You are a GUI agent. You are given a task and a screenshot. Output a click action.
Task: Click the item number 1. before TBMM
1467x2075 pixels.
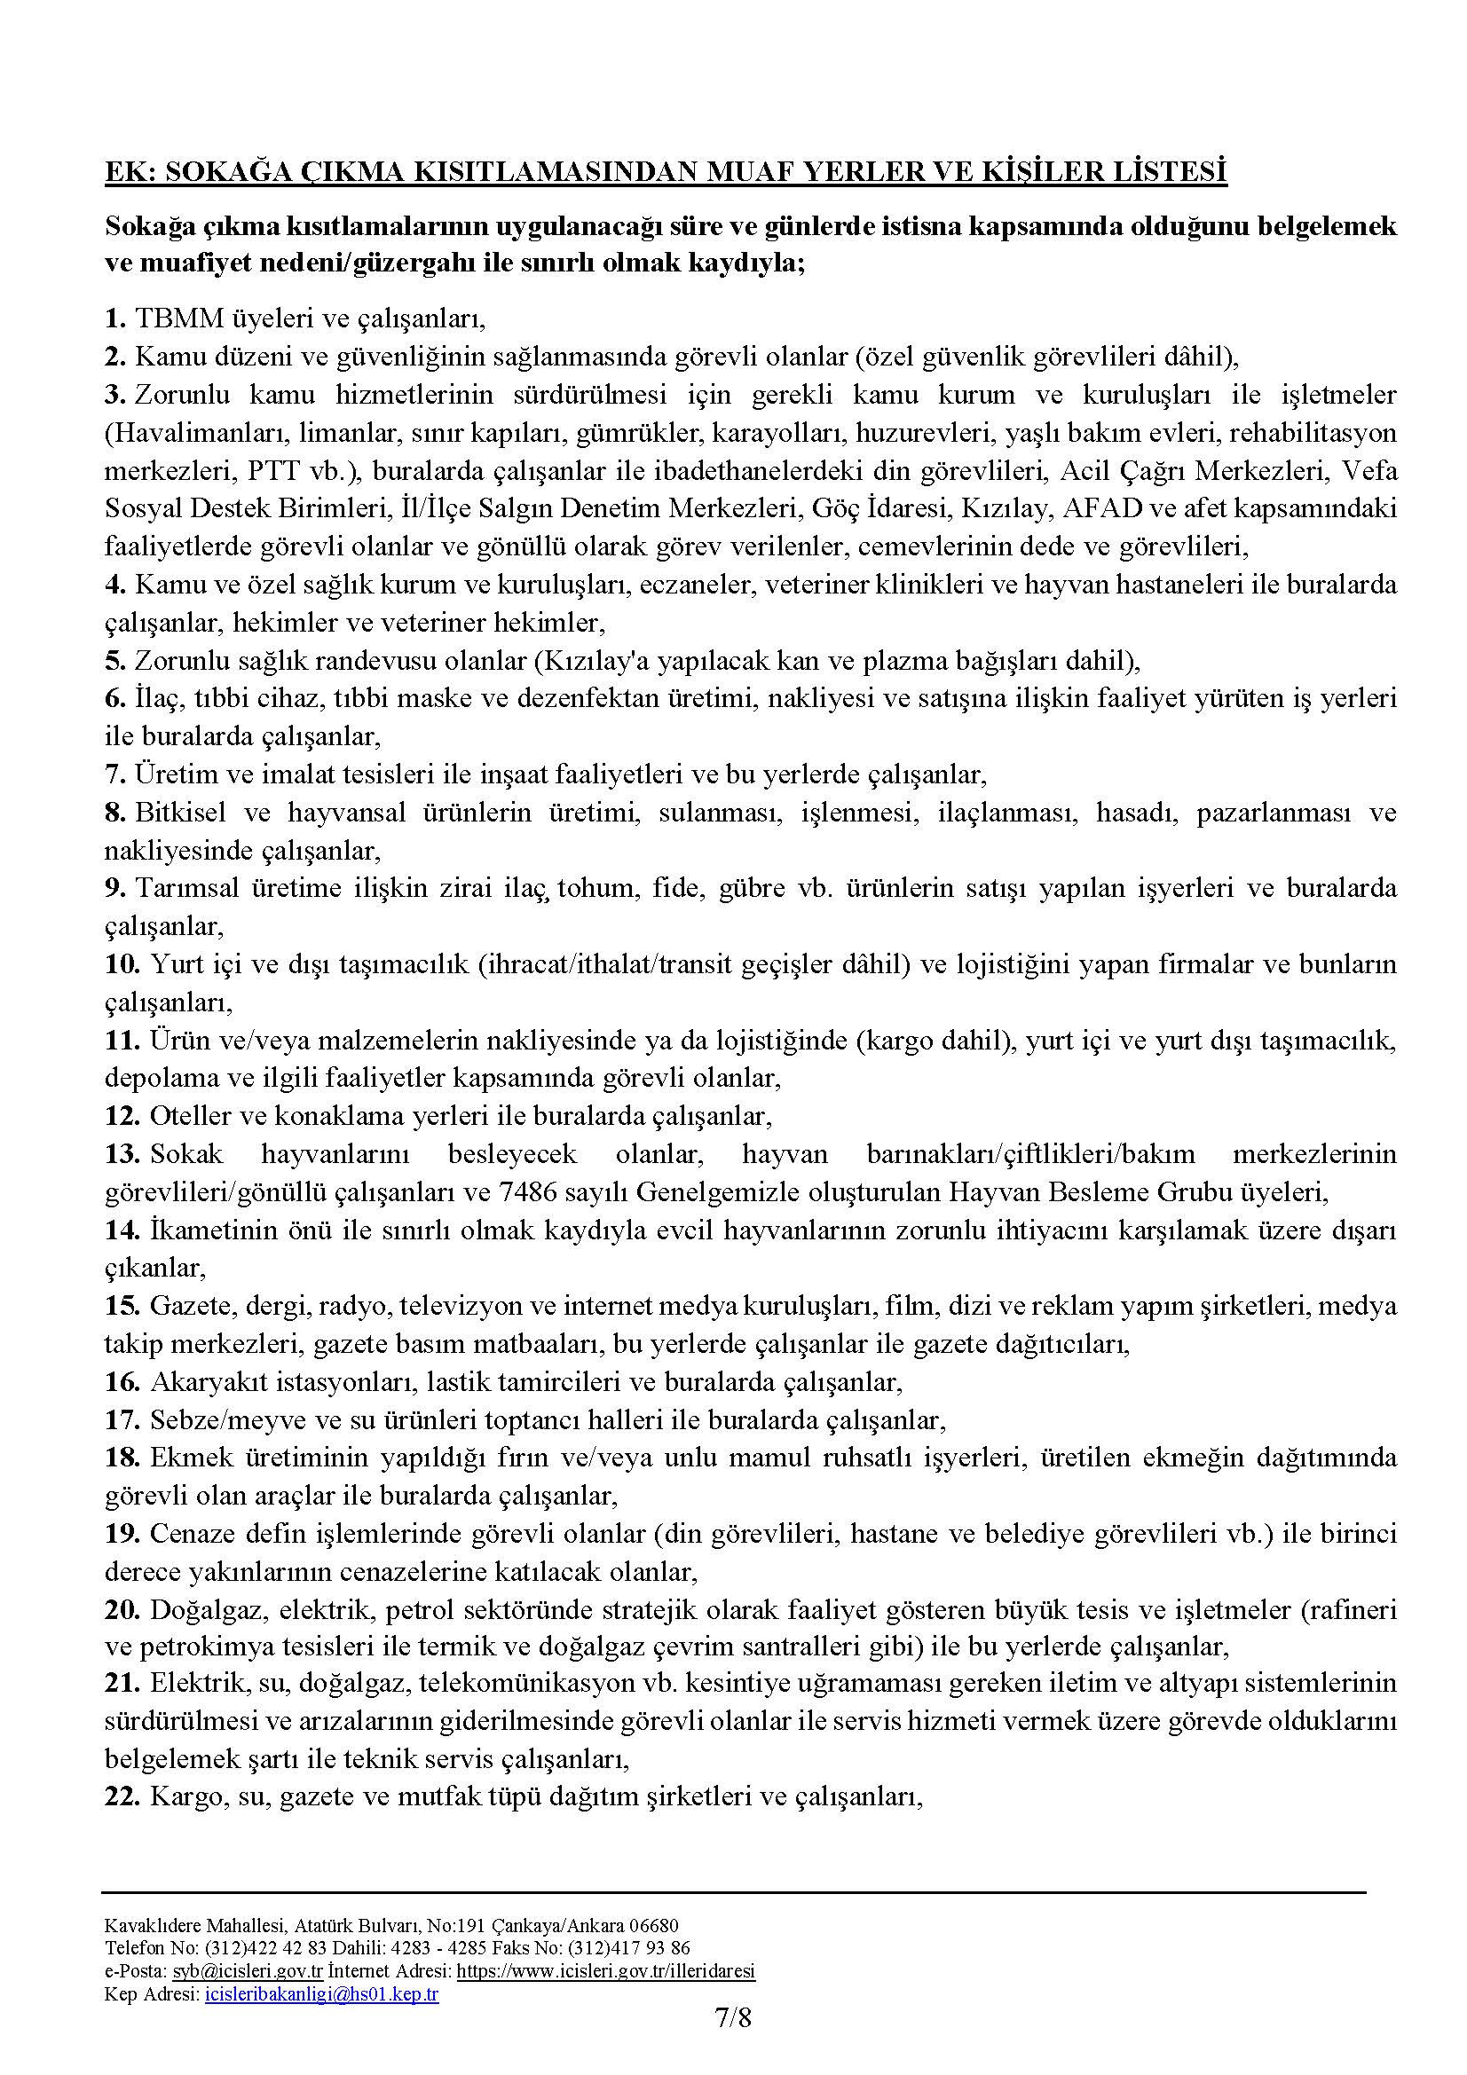point(114,318)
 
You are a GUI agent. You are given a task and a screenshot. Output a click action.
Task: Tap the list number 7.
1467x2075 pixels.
point(114,774)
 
